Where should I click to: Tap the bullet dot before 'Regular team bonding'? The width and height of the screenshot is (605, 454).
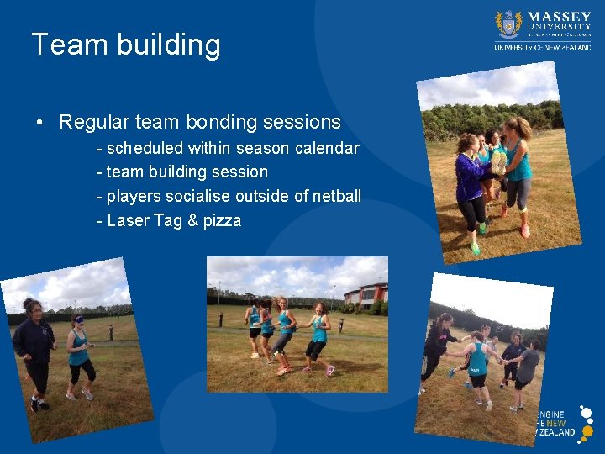click(x=40, y=123)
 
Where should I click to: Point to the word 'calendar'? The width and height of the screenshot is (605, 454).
click(x=327, y=149)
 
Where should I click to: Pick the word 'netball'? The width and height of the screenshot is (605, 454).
click(x=336, y=196)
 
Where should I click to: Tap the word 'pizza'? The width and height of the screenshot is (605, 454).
click(x=222, y=220)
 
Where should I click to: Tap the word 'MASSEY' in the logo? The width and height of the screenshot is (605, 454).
click(x=559, y=17)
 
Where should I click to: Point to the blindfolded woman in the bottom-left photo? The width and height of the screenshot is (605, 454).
click(x=79, y=353)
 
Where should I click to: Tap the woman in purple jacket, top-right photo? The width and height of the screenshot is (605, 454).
click(x=470, y=185)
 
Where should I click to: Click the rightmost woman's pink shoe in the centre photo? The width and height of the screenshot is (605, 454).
click(x=329, y=370)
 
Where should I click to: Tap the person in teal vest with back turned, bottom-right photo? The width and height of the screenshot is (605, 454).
click(x=477, y=366)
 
